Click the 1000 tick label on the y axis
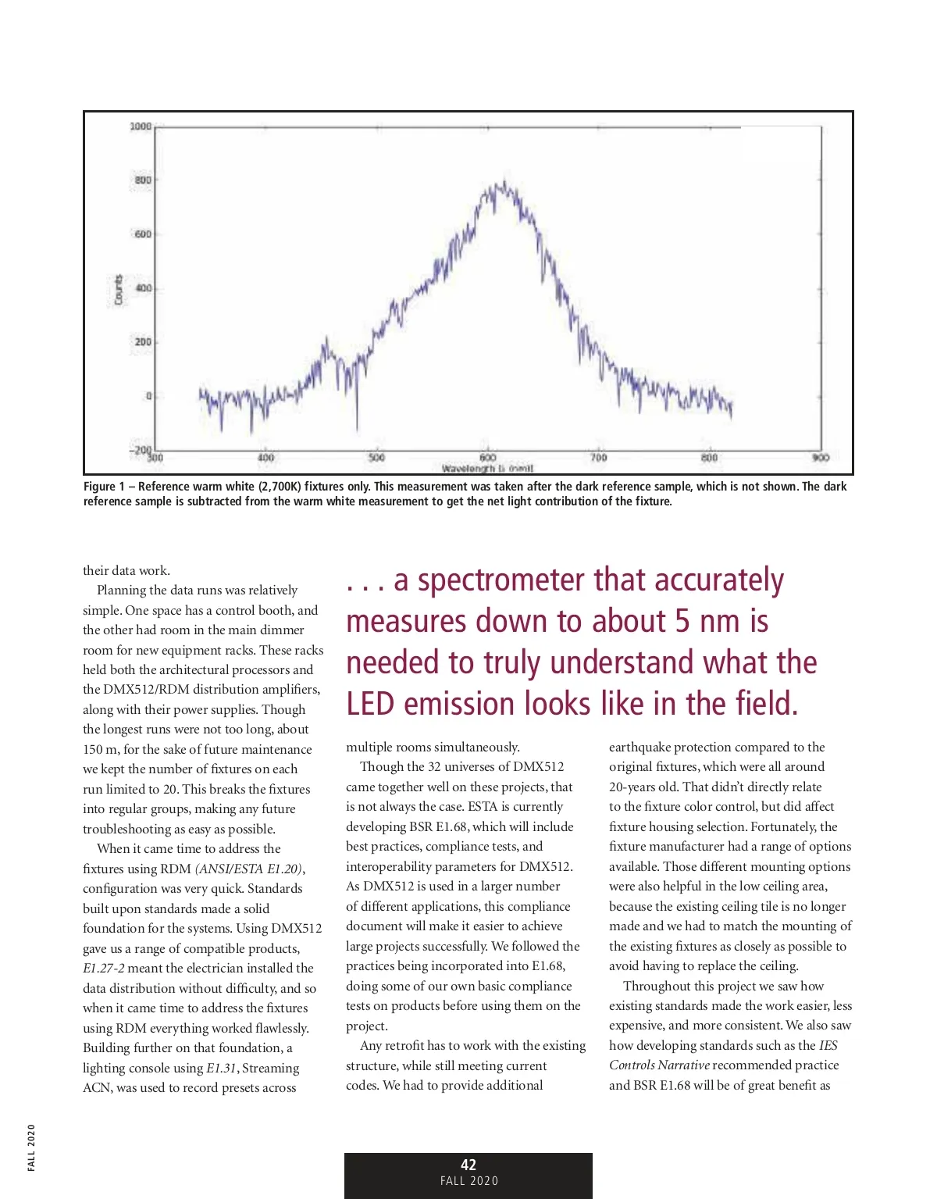[x=141, y=127]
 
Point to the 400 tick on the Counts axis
[x=143, y=288]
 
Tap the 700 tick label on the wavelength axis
[x=598, y=458]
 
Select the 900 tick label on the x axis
[x=820, y=458]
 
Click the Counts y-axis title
[x=119, y=289]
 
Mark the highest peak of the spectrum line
[x=504, y=183]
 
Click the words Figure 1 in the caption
[x=104, y=487]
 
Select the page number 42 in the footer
[x=468, y=1165]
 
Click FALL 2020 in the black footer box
[x=468, y=1181]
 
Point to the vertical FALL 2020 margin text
[x=31, y=1147]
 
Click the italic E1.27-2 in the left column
[x=104, y=968]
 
